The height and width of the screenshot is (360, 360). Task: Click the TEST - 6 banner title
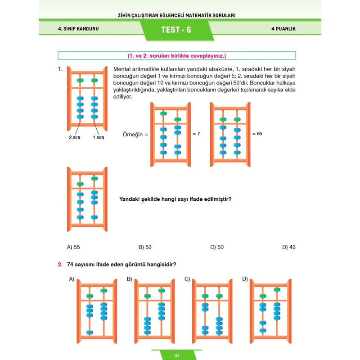click(x=176, y=30)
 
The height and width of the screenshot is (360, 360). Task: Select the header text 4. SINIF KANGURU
click(x=78, y=29)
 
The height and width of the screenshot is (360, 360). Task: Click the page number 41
click(x=177, y=355)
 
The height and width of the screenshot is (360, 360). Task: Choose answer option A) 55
click(x=73, y=247)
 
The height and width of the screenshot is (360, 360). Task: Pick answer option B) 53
click(x=145, y=247)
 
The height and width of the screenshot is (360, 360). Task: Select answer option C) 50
click(x=217, y=247)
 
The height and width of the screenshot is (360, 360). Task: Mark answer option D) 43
click(x=289, y=247)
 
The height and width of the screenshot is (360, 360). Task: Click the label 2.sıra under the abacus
click(x=74, y=138)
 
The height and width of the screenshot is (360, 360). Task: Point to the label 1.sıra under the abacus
click(x=98, y=138)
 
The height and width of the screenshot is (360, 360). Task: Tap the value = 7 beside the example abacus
click(x=196, y=134)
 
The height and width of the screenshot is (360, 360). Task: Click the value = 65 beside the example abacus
click(x=256, y=134)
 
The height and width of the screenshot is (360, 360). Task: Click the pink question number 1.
click(x=59, y=69)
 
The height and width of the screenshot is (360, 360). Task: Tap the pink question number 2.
click(x=59, y=264)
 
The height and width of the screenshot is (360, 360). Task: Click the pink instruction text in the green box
click(x=176, y=56)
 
